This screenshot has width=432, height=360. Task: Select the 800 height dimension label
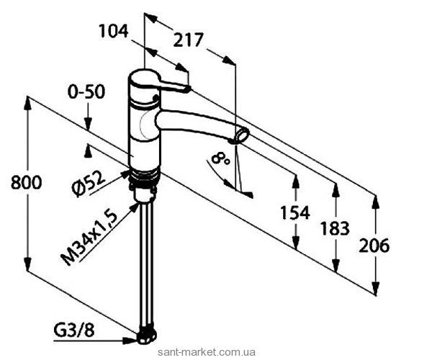coord(27,183)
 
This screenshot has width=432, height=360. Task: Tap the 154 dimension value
coord(294,212)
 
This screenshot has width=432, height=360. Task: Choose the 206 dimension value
coord(375,245)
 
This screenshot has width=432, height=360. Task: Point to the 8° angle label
coord(222,158)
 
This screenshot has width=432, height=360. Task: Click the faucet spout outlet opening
coord(243,135)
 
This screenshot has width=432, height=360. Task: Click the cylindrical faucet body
coord(143,122)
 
